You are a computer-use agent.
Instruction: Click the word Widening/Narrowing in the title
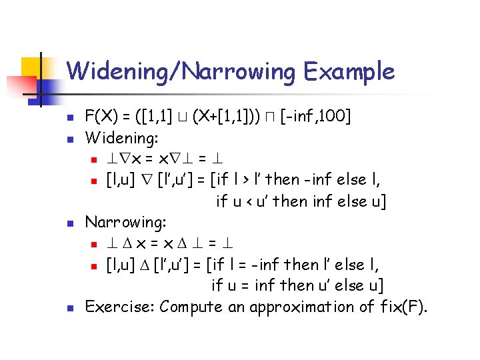point(180,71)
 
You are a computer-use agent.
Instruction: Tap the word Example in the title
point(347,71)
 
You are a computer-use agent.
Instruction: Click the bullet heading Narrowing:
point(126,222)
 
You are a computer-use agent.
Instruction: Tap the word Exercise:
point(121,307)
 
